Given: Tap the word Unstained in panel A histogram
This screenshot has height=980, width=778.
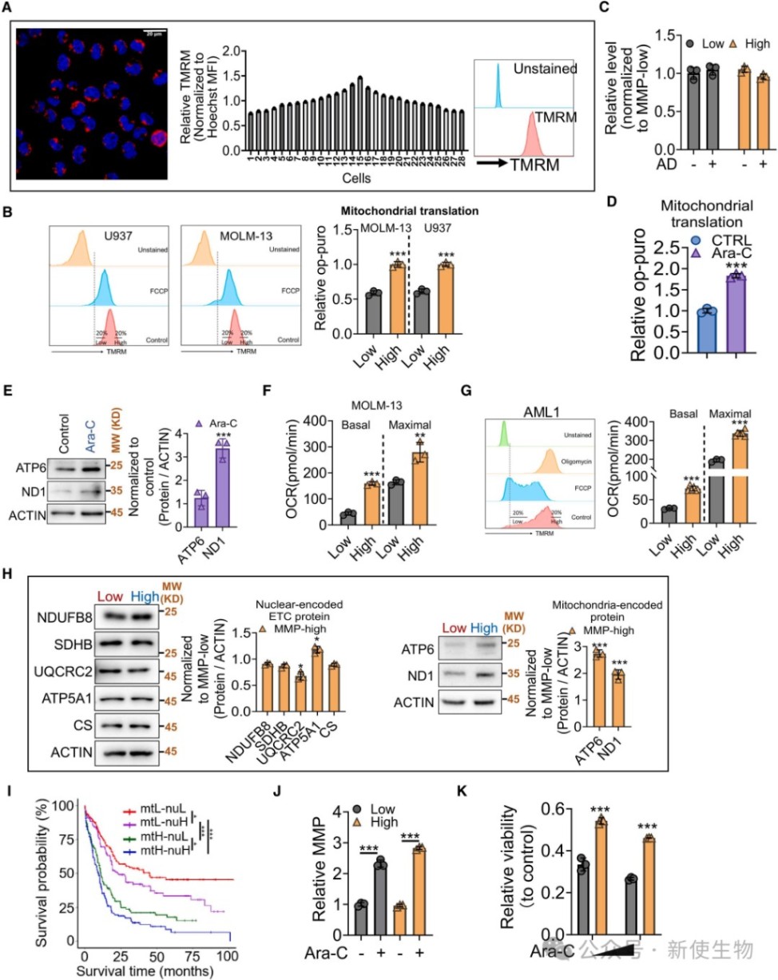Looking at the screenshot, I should pyautogui.click(x=546, y=69).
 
